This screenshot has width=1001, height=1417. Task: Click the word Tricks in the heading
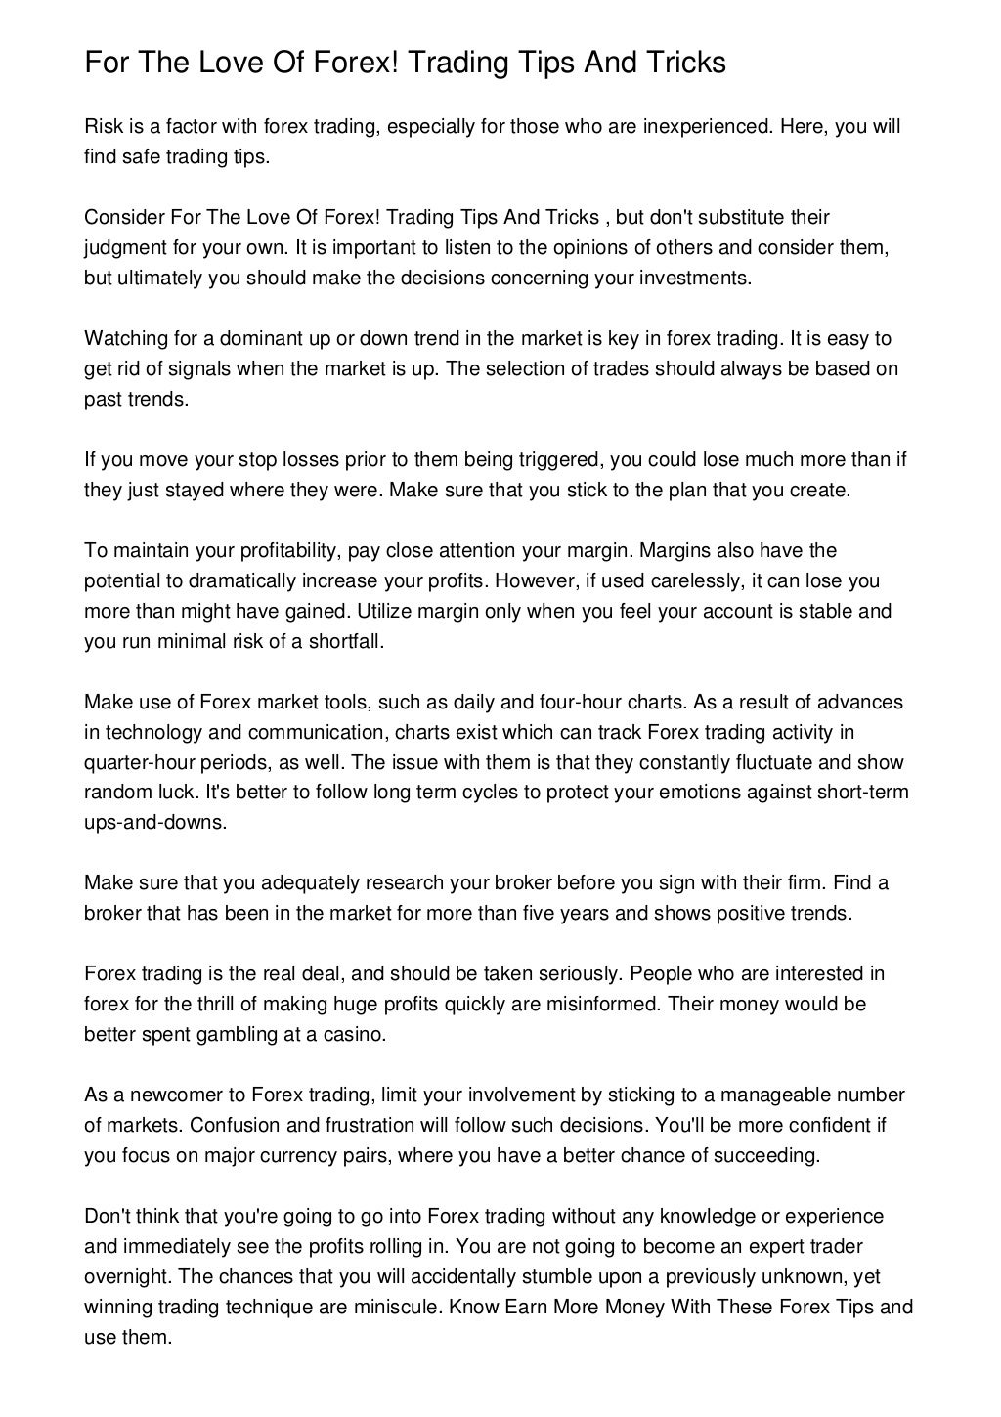tap(683, 64)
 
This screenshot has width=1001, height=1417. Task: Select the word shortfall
tap(345, 642)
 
